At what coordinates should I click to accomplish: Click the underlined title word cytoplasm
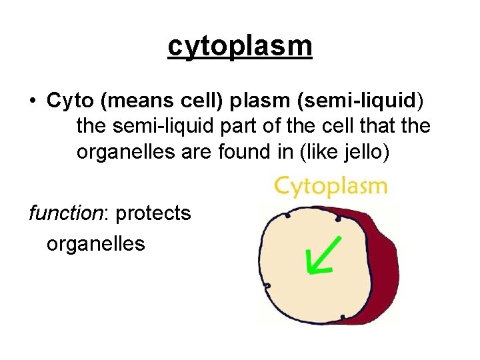(x=240, y=47)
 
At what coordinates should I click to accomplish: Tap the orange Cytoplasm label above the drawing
(x=331, y=185)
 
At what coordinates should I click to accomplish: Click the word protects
(x=153, y=214)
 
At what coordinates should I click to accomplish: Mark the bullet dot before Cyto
(x=32, y=102)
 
